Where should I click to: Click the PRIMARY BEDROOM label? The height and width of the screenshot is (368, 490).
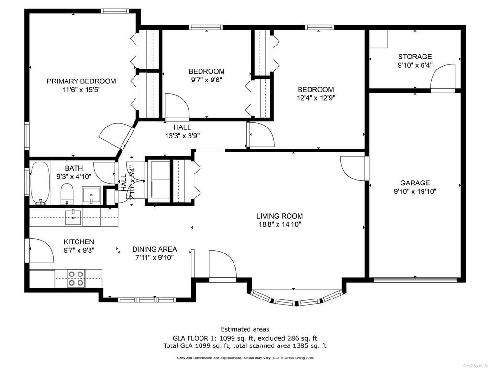81,81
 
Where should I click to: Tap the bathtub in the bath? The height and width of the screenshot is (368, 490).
40,183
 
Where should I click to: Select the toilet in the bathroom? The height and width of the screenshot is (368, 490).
67,194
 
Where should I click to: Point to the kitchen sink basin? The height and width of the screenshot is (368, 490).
73,217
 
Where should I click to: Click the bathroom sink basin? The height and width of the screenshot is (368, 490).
91,195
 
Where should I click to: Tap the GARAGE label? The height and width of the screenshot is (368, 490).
415,183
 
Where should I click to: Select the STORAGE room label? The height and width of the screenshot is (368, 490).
415,57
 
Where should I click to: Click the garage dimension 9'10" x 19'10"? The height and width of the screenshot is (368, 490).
415,192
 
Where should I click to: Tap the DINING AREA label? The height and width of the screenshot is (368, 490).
155,249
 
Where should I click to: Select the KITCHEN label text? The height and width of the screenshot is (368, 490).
79,242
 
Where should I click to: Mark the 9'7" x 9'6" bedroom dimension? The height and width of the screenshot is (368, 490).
207,80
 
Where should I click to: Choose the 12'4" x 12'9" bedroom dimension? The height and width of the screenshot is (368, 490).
316,98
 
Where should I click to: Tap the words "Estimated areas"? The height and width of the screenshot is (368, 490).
245,329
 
